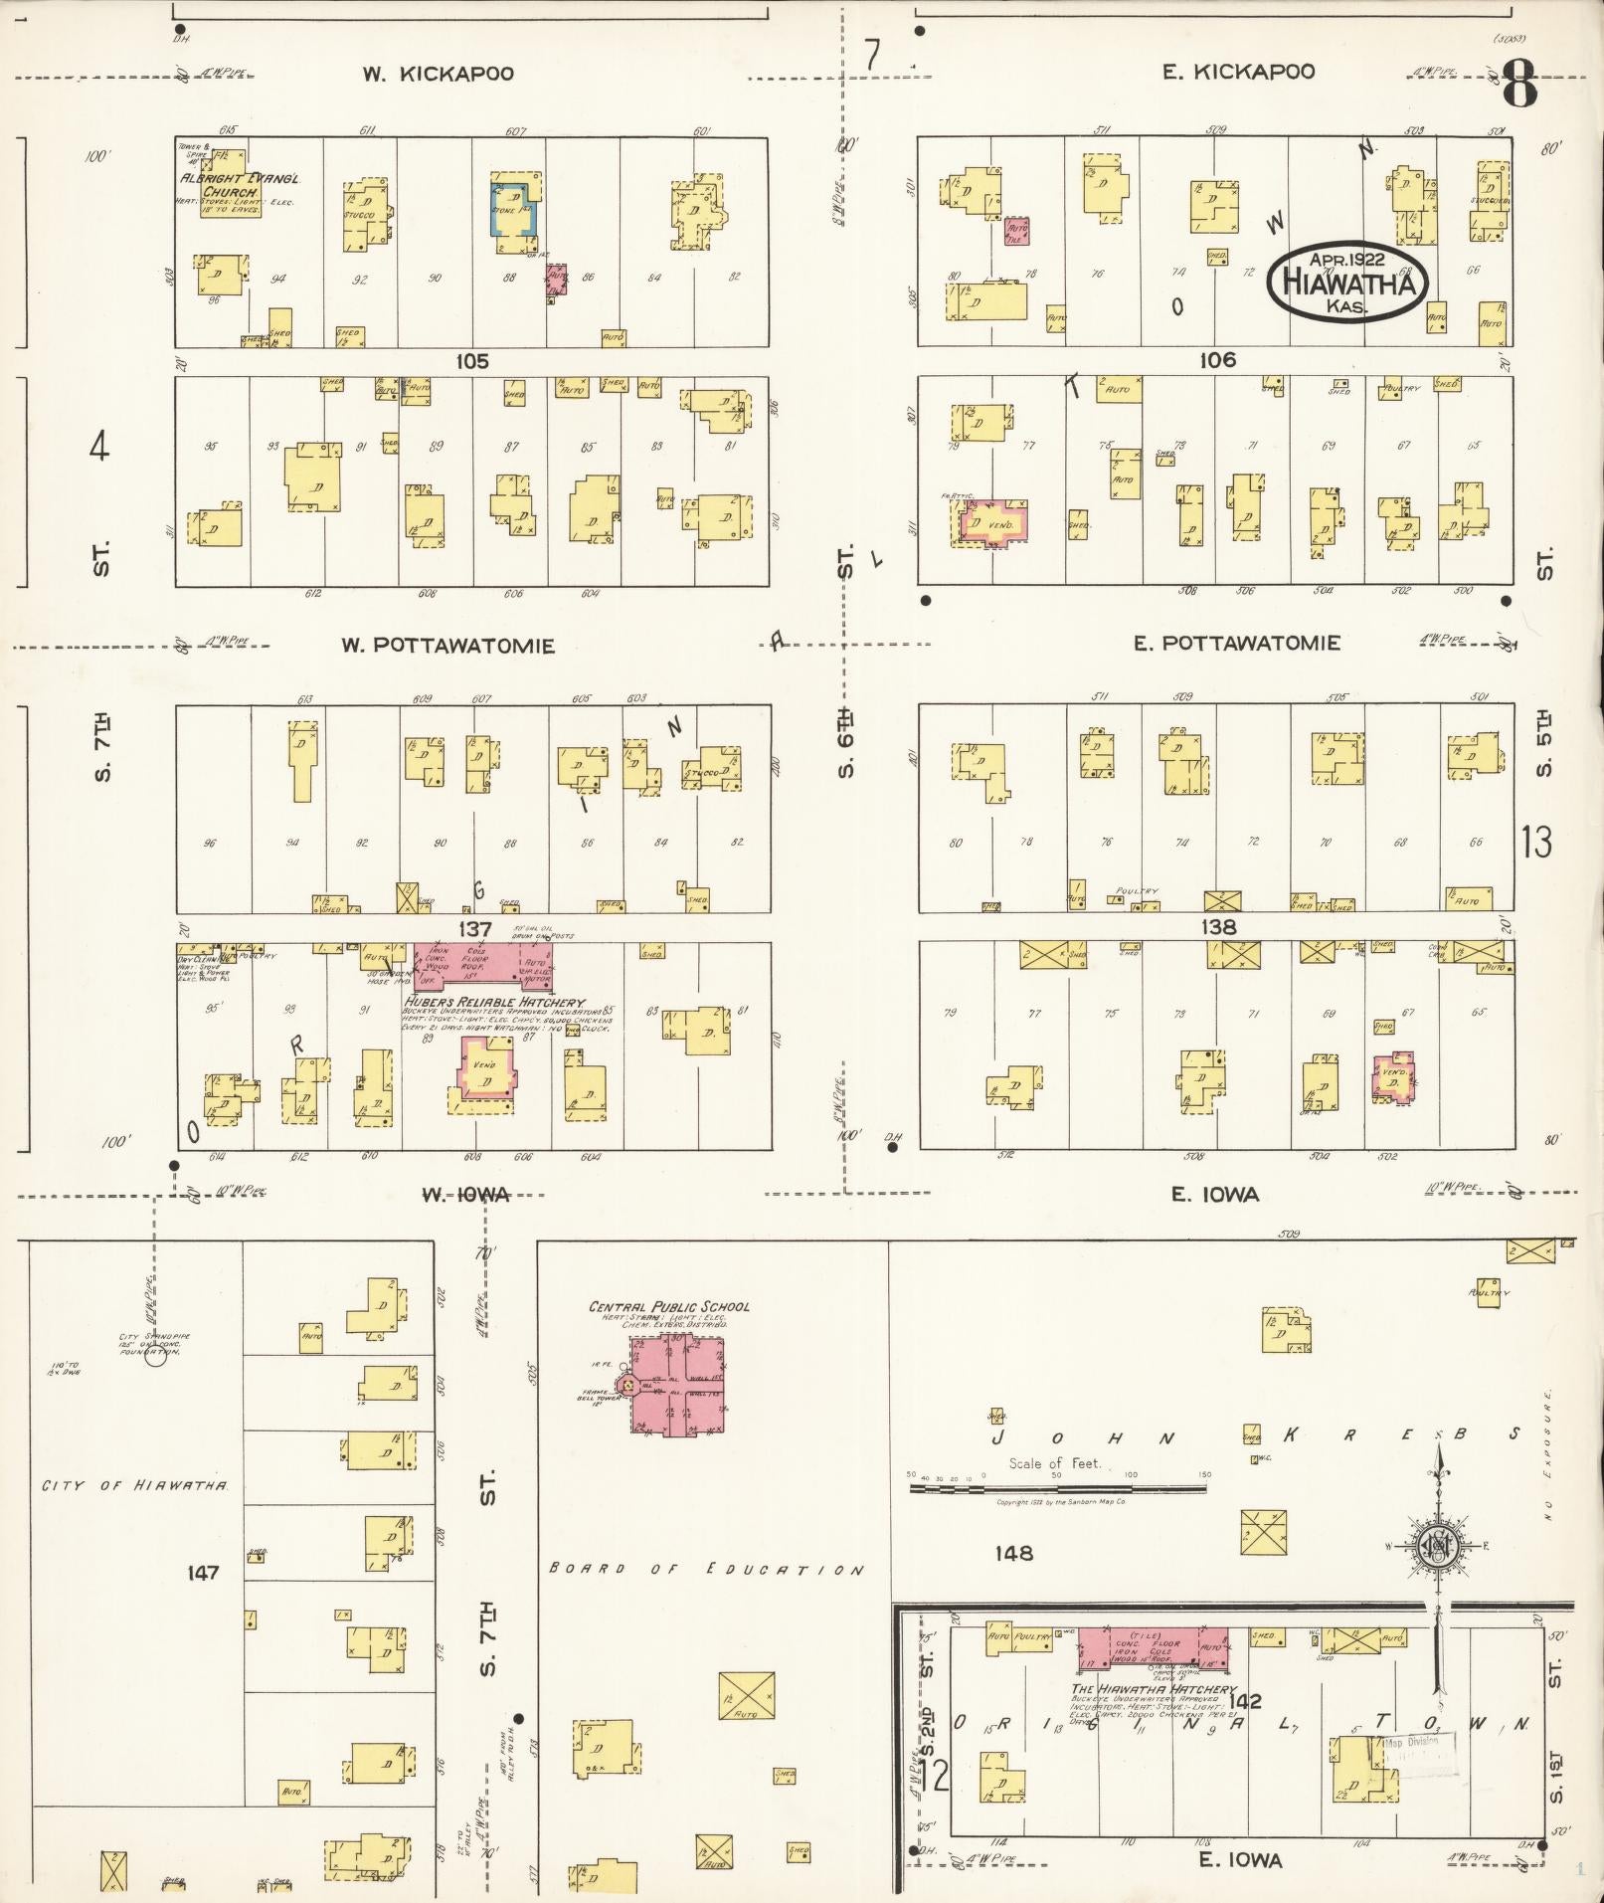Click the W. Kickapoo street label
click(438, 74)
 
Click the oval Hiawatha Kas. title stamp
click(1348, 282)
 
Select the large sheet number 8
click(1518, 87)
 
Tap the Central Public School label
click(669, 1307)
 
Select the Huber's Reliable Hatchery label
click(494, 1003)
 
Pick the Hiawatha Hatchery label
click(1154, 1689)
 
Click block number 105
click(472, 361)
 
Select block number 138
click(1218, 926)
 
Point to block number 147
click(202, 1573)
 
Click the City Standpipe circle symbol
click(155, 1356)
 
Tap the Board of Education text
click(706, 1570)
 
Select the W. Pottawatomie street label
click(447, 646)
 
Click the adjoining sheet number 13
click(1536, 843)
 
